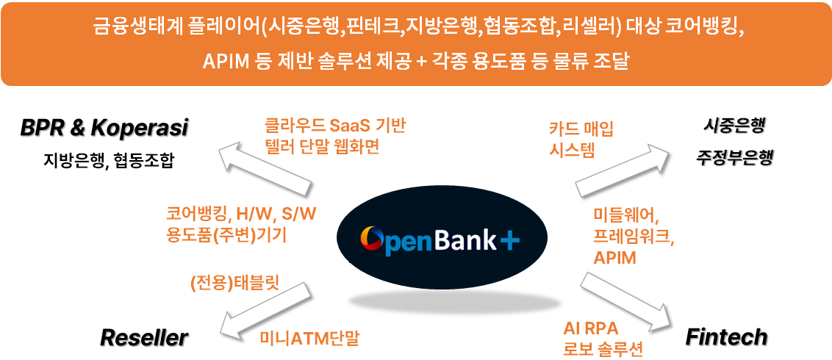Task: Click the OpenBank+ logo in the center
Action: [441, 240]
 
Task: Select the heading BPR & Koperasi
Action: [104, 128]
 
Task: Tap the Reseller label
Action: [144, 337]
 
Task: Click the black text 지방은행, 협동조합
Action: [109, 160]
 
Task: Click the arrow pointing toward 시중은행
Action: [622, 166]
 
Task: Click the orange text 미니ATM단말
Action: [309, 338]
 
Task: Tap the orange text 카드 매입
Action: [581, 129]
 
